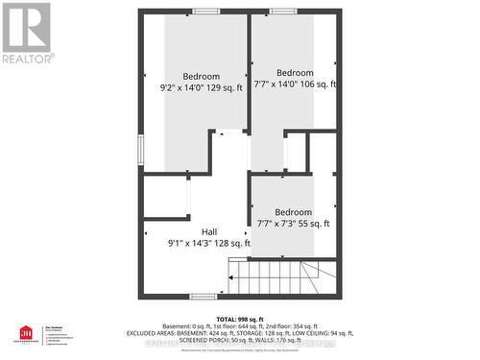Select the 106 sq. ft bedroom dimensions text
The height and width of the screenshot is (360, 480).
click(295, 84)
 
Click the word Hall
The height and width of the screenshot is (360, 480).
click(209, 231)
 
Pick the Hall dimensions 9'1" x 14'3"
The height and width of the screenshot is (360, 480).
click(209, 243)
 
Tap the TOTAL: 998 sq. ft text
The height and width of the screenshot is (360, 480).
click(240, 319)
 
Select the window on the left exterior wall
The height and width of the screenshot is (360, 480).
click(141, 149)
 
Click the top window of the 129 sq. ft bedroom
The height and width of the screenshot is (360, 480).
click(205, 12)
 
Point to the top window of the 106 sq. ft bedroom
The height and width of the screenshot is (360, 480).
click(282, 12)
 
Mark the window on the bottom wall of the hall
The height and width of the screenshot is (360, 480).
click(202, 296)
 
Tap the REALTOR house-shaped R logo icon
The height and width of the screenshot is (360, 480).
click(26, 27)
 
